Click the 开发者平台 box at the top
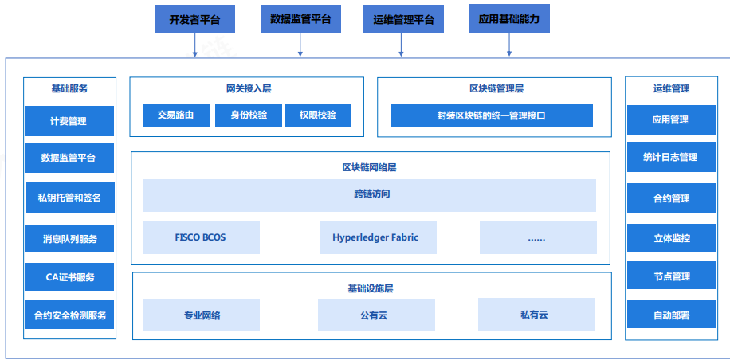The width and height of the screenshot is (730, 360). [x=194, y=20]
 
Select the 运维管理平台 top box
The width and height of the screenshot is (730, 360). [x=403, y=20]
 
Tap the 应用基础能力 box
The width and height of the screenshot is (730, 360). [x=509, y=18]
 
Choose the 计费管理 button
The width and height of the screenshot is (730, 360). [x=69, y=121]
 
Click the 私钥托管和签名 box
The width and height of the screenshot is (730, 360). [x=69, y=197]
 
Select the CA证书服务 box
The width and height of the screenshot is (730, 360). [x=69, y=276]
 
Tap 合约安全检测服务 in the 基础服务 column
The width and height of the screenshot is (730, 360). [x=69, y=315]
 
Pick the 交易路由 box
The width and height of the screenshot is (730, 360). [x=176, y=115]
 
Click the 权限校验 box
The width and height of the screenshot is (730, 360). [x=318, y=115]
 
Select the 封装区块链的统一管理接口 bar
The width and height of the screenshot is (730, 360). [x=492, y=115]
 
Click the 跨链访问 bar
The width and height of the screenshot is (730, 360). [x=369, y=194]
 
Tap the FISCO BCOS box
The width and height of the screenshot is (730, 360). [x=201, y=237]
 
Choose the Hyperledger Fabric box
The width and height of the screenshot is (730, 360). [x=375, y=237]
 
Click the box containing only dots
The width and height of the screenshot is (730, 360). [x=538, y=237]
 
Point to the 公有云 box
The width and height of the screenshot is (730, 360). [x=375, y=315]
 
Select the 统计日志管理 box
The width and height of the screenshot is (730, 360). [x=670, y=157]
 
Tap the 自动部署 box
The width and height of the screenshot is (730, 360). [x=670, y=315]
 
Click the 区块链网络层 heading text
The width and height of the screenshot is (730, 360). [x=369, y=167]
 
